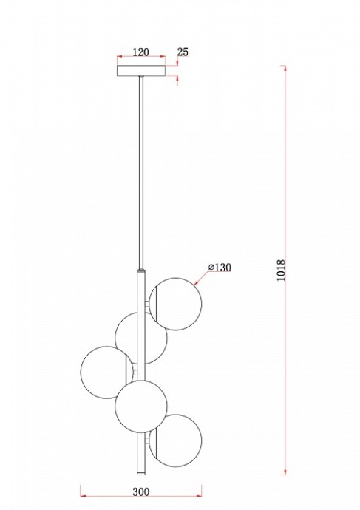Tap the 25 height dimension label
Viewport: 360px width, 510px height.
[183, 52]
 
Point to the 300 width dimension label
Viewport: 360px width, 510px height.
[142, 490]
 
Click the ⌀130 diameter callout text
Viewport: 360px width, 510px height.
[220, 267]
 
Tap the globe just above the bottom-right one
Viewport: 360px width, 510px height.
[140, 405]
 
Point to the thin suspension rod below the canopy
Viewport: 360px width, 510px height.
[140, 170]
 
